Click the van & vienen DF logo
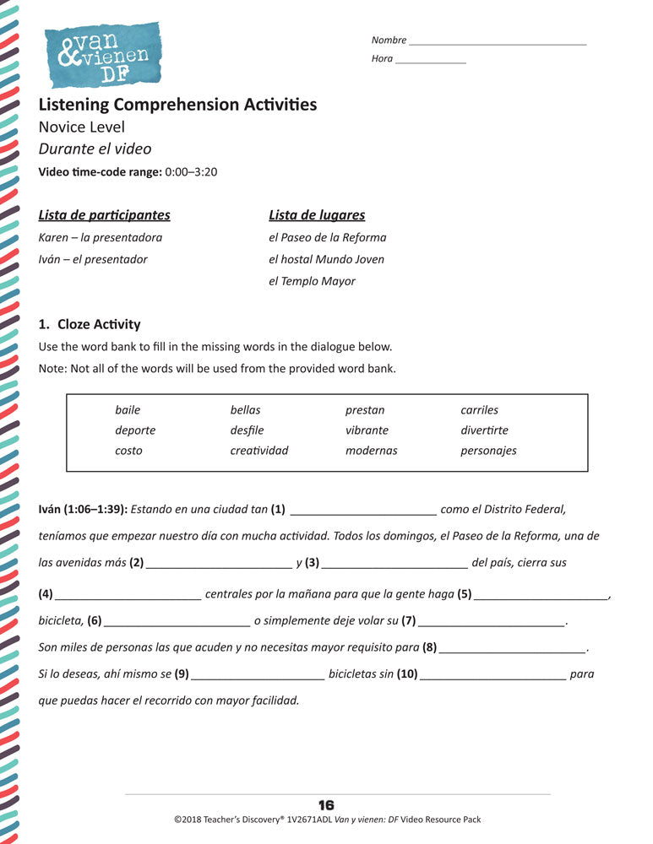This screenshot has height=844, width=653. pos(101,55)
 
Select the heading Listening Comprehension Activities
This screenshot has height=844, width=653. pos(177,105)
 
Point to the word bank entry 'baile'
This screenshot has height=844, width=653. pos(128,410)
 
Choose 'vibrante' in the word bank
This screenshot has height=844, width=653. pos(367,430)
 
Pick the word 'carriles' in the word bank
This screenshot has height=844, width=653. pos(479,410)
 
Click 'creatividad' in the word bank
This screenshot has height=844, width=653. pos(258,451)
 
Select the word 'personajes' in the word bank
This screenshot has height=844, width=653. pos(488,451)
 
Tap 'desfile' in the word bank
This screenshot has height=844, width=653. pos(247,430)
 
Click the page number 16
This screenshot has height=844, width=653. pos(326,805)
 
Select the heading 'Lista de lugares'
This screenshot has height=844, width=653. pos(317,215)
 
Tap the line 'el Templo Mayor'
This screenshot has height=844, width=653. pos(312,281)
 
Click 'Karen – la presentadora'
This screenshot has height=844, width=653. pos(101,237)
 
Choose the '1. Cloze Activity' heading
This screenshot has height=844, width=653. pos(90,324)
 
